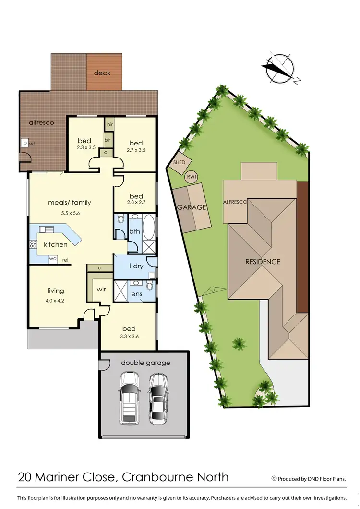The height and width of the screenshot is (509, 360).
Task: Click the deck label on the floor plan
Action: tap(102, 73)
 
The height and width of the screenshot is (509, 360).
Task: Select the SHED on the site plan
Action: tap(180, 163)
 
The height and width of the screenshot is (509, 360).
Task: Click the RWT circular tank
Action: tap(192, 177)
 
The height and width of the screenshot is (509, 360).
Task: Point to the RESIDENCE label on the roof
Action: tap(263, 262)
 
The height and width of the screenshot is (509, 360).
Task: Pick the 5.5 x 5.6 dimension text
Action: tap(70, 213)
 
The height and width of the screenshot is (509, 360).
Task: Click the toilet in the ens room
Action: tap(149, 286)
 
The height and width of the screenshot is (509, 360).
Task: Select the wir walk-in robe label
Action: tap(101, 290)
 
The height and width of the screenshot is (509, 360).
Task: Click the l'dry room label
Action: tap(137, 266)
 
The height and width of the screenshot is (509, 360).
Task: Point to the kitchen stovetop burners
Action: tap(34, 244)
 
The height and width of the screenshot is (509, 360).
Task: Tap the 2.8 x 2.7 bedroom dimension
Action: tap(136, 205)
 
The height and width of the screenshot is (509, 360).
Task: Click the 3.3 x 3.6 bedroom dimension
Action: tap(129, 338)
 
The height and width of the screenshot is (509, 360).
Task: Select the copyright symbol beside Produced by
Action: tap(274, 478)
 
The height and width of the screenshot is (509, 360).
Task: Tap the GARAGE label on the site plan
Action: tap(192, 207)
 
